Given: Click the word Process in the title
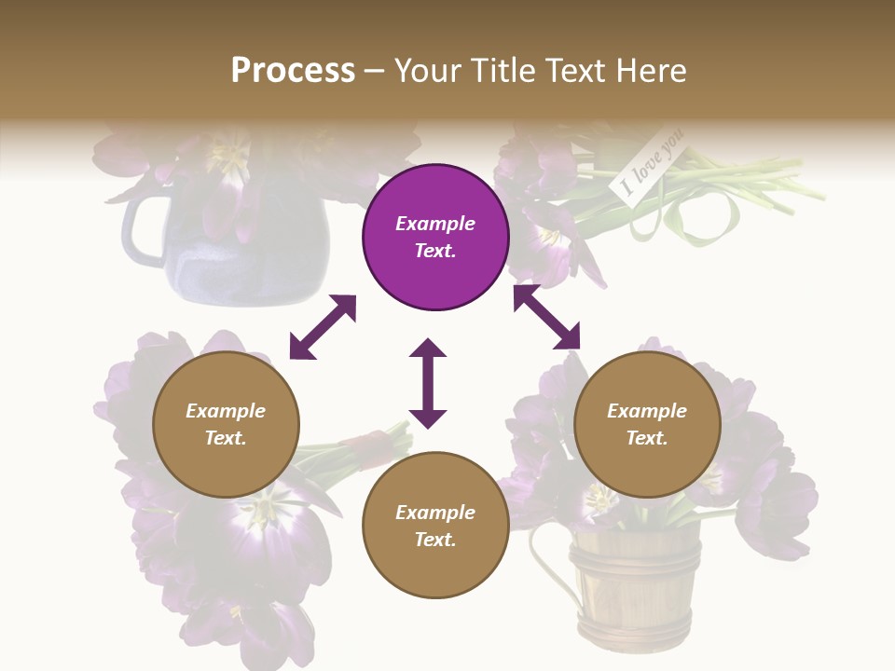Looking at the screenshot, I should pyautogui.click(x=293, y=71).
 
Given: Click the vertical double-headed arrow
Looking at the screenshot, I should pyautogui.click(x=428, y=383).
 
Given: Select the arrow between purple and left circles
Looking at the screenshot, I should pyautogui.click(x=323, y=327).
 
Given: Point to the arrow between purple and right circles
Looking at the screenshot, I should pyautogui.click(x=546, y=317).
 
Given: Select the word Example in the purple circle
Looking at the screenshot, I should pyautogui.click(x=435, y=224).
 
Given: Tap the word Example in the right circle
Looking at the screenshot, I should pyautogui.click(x=647, y=411).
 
